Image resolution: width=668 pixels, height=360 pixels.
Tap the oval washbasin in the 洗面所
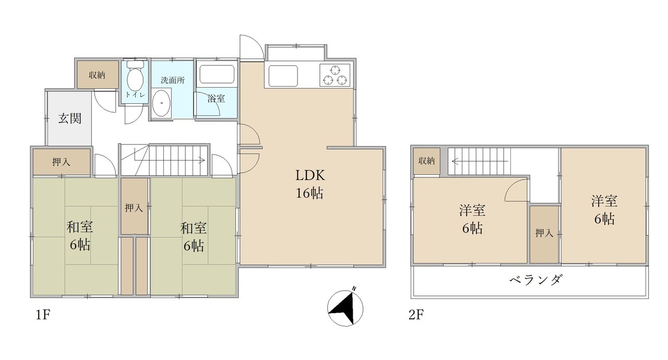[x=161, y=103]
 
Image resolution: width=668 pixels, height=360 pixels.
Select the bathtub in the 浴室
[x=217, y=74]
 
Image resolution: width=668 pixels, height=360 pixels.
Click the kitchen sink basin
[x=283, y=76]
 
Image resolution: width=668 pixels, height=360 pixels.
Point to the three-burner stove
[x=335, y=75]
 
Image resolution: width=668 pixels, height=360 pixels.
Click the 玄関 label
[x=69, y=118]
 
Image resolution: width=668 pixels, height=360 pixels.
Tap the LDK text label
[x=310, y=175]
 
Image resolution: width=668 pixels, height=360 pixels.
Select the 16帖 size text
[x=309, y=194]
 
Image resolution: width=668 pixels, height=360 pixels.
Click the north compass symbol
[x=345, y=307]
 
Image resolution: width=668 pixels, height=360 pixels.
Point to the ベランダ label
[x=536, y=280]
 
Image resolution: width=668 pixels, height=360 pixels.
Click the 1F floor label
[x=43, y=315]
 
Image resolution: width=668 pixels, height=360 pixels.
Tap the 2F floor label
[x=416, y=315]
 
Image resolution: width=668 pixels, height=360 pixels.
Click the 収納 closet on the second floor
[x=427, y=161]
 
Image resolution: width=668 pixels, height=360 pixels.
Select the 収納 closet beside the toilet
[x=98, y=75]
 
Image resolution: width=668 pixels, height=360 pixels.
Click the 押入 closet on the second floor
[x=544, y=234]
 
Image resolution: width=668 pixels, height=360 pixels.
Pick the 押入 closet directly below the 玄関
[x=62, y=162]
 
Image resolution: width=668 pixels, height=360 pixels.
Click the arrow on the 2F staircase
[x=480, y=162]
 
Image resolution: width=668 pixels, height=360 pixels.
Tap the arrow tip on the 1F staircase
[x=205, y=161]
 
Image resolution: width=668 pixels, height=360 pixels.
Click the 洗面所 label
[x=173, y=80]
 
